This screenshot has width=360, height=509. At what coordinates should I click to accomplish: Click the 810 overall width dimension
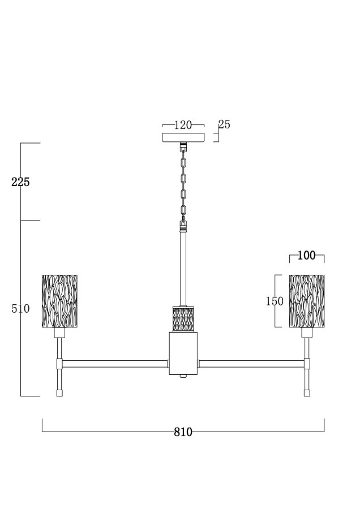click(183, 432)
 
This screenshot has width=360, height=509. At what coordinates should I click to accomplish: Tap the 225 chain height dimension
click(20, 182)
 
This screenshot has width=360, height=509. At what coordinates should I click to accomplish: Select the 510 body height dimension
click(20, 308)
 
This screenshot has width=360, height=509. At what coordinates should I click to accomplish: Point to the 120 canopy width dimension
click(183, 125)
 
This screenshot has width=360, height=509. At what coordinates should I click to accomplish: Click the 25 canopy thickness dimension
click(224, 124)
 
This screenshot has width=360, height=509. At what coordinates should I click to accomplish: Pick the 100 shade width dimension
click(307, 256)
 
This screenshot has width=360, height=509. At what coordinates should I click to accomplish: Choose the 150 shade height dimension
click(275, 301)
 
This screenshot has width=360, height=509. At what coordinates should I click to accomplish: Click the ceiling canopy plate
click(183, 137)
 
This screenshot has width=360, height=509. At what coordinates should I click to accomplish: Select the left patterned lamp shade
click(59, 301)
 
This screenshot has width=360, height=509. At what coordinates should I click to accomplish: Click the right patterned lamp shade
click(307, 301)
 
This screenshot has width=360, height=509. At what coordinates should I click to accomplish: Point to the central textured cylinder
click(183, 319)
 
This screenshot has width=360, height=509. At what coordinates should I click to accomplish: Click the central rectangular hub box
click(183, 353)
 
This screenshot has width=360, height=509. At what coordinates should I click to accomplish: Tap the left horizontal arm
click(115, 364)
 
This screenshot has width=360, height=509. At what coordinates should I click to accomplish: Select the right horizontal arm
click(251, 364)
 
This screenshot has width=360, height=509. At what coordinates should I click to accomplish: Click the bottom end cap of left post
click(59, 393)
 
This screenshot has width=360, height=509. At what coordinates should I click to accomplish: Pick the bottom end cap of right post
click(307, 393)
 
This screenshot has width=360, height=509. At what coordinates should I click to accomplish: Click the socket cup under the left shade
click(59, 333)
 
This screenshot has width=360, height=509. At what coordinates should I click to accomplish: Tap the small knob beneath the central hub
click(183, 376)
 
